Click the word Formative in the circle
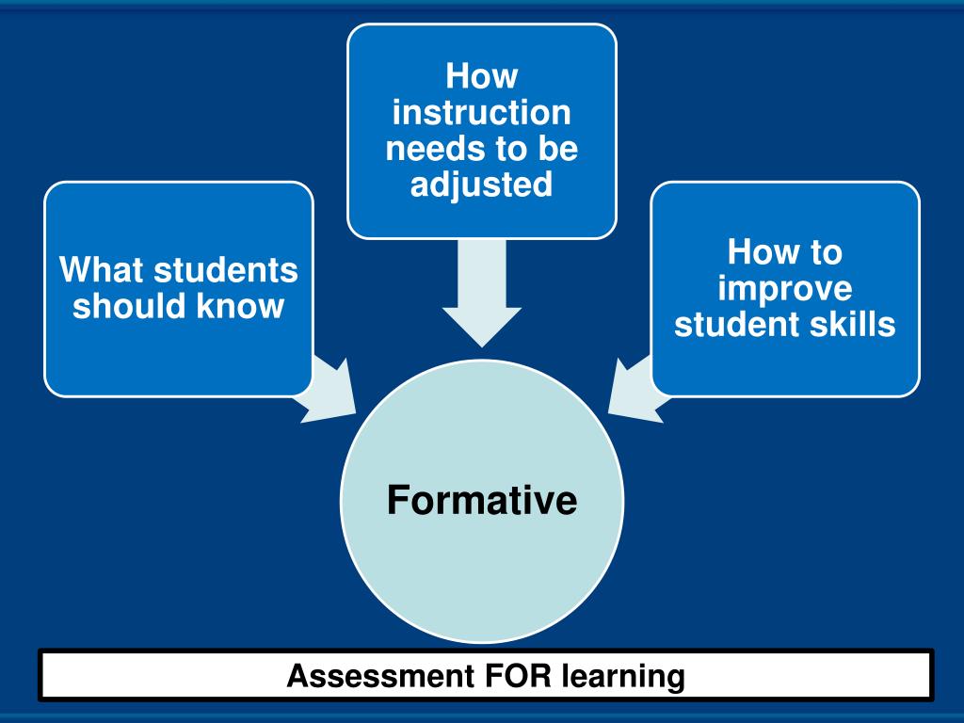pos(481,500)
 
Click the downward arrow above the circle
pos(481,292)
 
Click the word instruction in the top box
pos(481,113)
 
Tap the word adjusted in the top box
pos(481,185)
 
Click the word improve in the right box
pos(784,289)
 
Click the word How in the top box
pos(481,77)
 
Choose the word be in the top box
pos(556,149)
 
